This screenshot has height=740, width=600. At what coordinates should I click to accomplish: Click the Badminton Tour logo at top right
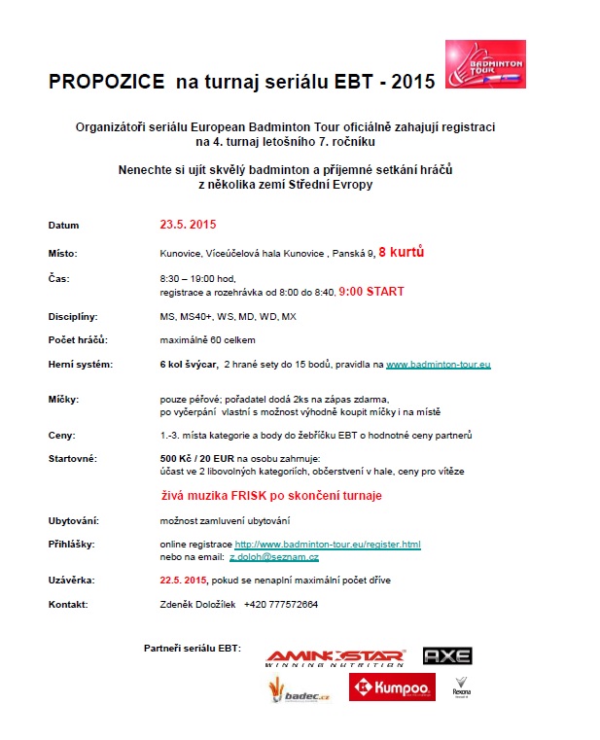tap(484, 64)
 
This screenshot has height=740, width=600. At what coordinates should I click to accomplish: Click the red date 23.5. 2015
tap(188, 225)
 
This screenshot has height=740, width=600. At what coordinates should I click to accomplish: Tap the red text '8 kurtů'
tap(401, 252)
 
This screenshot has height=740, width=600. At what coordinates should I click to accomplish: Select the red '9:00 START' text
tap(371, 291)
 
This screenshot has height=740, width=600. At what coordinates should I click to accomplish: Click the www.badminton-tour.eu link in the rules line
tap(438, 364)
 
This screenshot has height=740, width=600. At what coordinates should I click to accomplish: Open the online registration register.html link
tap(328, 544)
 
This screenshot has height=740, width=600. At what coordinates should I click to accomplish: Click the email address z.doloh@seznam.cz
tap(274, 556)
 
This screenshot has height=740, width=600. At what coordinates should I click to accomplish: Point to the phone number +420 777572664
tap(281, 604)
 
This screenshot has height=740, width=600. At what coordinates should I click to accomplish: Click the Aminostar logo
tap(335, 657)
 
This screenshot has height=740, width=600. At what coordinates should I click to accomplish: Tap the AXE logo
tap(447, 656)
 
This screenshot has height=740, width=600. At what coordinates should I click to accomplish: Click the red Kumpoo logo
tap(392, 687)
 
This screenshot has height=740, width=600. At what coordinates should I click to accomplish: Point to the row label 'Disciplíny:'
tap(73, 316)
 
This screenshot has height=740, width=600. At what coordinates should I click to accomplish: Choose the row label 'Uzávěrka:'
tap(71, 580)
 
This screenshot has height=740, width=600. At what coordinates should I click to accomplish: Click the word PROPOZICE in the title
tap(107, 84)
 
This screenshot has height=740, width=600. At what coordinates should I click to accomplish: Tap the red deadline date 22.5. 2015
tap(184, 580)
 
